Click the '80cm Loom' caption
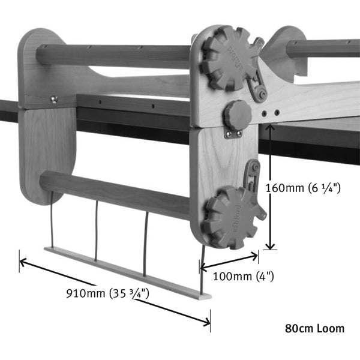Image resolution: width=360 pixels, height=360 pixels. tap(314, 328)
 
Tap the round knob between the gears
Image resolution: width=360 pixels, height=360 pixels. tap(237, 114)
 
